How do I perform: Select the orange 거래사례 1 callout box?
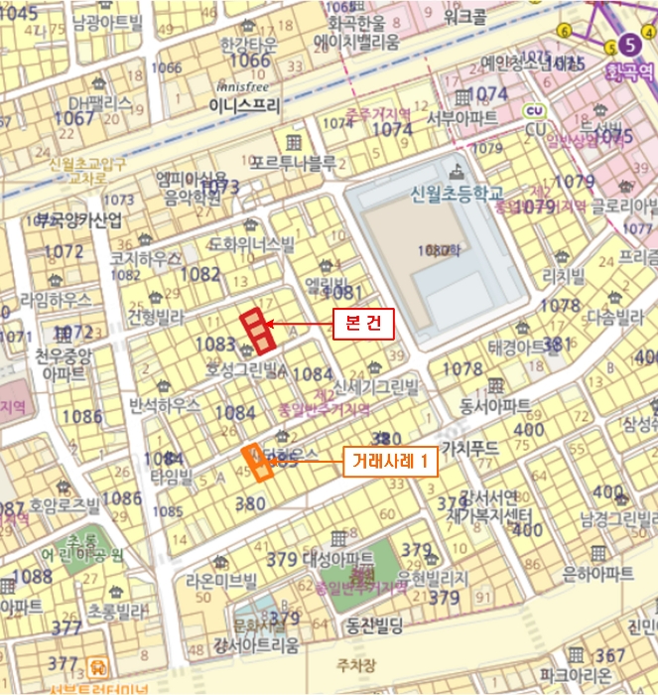pyautogui.click(x=390, y=462)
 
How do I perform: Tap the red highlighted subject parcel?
pyautogui.click(x=256, y=331)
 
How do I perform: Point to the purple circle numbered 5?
pyautogui.click(x=628, y=43)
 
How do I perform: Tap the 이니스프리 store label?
pyautogui.click(x=245, y=102)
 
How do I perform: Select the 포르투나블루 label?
pyautogui.click(x=294, y=163)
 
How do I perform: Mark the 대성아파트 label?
pyautogui.click(x=337, y=559)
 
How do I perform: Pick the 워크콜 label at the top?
pyautogui.click(x=464, y=17)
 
